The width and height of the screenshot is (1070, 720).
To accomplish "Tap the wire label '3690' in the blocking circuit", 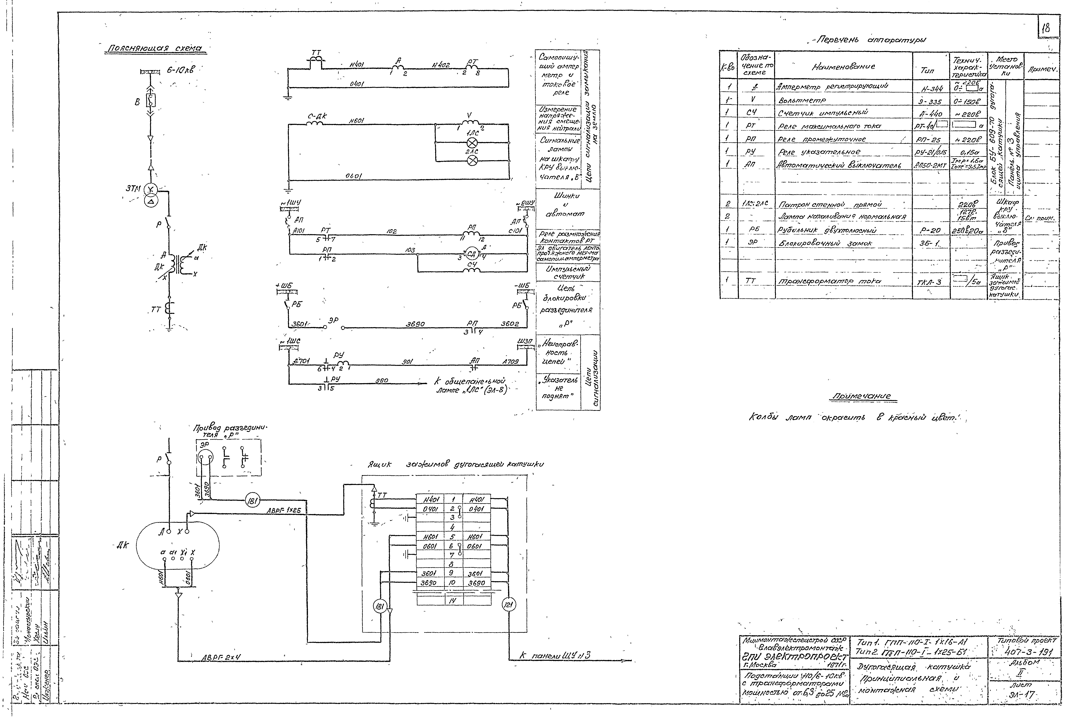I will (x=415, y=324).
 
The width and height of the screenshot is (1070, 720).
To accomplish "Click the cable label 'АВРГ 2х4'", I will (x=221, y=658).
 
